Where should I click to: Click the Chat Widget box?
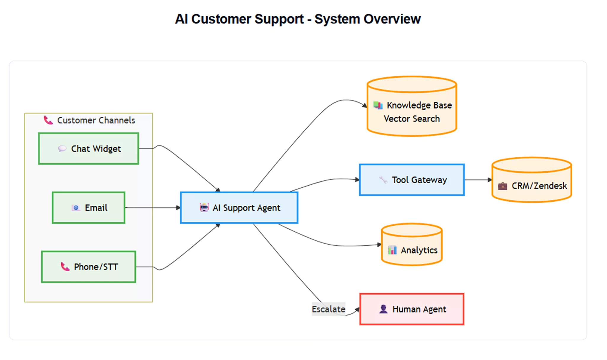click(88, 148)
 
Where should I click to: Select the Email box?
click(88, 208)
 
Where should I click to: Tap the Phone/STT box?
click(88, 267)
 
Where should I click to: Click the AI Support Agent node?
click(239, 208)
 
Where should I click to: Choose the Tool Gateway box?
click(412, 180)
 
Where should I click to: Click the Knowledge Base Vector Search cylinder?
click(412, 111)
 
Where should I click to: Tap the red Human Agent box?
click(412, 309)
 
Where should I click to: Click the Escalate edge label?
click(328, 309)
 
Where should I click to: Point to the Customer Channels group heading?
click(96, 120)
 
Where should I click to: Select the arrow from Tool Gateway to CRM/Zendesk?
click(478, 180)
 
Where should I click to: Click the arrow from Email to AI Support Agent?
click(152, 208)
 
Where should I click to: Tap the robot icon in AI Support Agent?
click(204, 208)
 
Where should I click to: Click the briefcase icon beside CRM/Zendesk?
click(502, 186)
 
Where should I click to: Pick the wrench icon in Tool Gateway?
click(383, 179)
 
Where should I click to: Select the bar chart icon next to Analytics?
click(392, 250)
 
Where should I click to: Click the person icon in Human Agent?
click(383, 309)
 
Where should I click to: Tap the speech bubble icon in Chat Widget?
click(62, 148)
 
